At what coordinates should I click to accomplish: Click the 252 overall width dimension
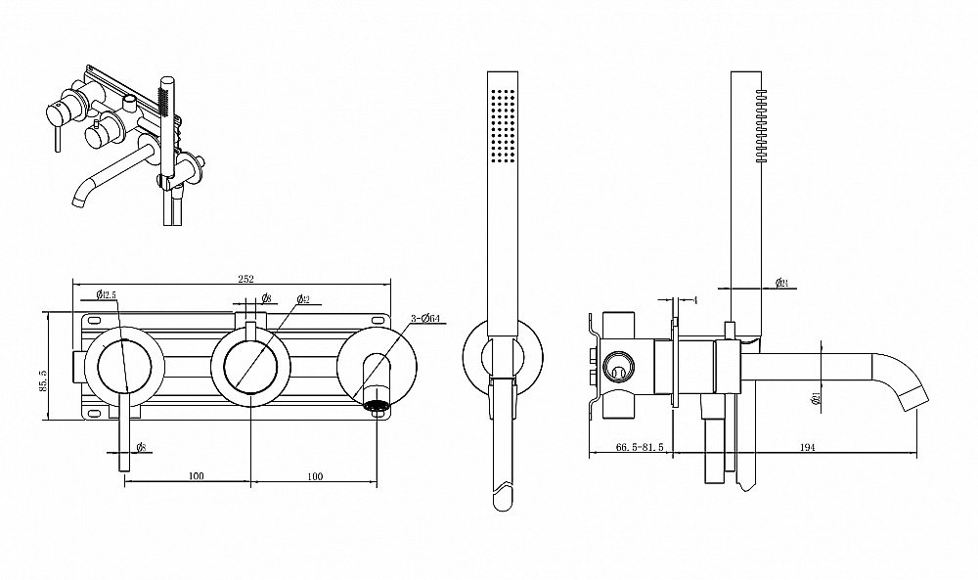(x=245, y=279)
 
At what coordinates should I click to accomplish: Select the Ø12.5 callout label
(x=108, y=294)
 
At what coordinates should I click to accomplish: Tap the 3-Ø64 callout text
(x=425, y=319)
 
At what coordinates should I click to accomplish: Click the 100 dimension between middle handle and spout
(x=315, y=476)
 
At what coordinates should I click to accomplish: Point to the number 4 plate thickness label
(x=693, y=298)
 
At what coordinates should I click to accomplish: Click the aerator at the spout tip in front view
(x=377, y=403)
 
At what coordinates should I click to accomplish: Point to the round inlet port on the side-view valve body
(x=617, y=368)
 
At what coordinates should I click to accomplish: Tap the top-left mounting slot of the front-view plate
(x=95, y=320)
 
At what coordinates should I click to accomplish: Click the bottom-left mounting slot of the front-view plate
(x=95, y=414)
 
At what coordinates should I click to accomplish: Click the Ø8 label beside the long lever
(x=141, y=447)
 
